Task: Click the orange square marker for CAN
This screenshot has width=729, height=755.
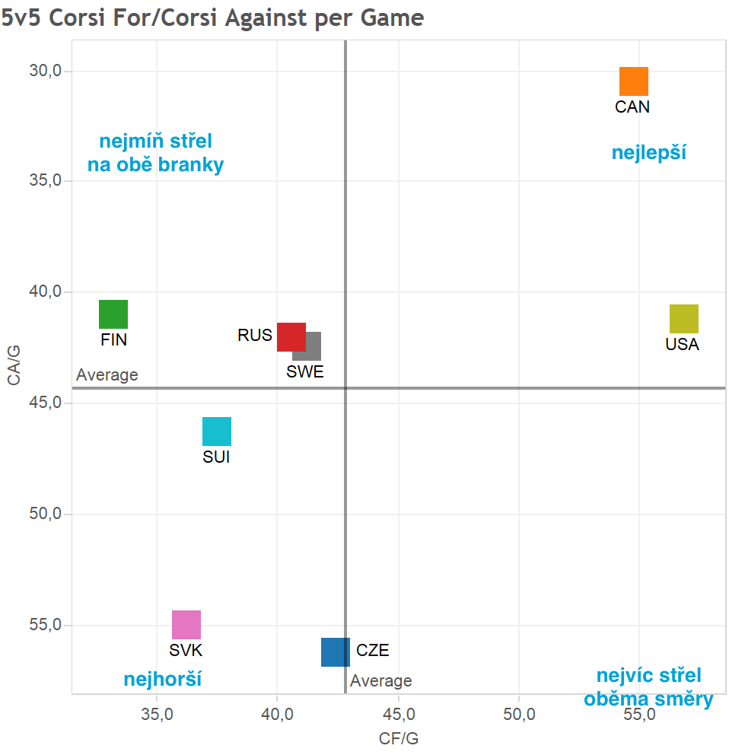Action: tap(633, 81)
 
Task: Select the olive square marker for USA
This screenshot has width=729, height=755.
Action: tap(683, 319)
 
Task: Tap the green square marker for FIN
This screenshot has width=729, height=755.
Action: tap(113, 314)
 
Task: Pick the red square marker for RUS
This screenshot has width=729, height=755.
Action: tap(290, 336)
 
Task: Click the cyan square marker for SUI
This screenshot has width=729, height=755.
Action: tap(217, 432)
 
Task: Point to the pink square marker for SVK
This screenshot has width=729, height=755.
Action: tap(186, 625)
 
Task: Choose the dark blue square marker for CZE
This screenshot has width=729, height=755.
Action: tap(335, 652)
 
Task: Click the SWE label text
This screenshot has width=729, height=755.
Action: tap(304, 371)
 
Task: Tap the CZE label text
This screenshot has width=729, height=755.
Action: tap(373, 651)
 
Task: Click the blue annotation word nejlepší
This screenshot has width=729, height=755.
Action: tap(649, 153)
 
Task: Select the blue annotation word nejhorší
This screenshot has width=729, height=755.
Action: tap(162, 679)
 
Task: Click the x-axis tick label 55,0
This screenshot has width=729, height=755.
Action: tap(639, 715)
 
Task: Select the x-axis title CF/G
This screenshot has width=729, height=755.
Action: tap(399, 738)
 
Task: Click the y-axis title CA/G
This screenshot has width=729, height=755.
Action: tap(14, 366)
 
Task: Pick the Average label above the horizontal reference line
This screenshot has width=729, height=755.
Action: tap(107, 375)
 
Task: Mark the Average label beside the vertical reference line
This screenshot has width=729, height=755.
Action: tap(380, 681)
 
